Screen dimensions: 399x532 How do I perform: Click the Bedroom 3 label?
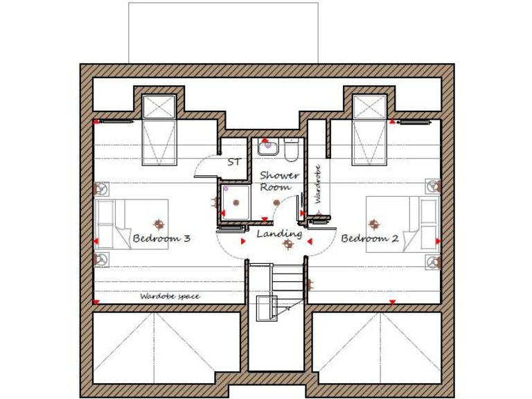[161, 238]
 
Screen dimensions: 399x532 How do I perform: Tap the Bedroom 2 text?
[370, 238]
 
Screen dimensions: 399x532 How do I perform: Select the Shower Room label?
[279, 181]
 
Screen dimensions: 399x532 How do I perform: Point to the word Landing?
[279, 234]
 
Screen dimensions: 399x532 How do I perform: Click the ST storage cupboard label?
[235, 162]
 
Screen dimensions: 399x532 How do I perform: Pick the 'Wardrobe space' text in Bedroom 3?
[170, 296]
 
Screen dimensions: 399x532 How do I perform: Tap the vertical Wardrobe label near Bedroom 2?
[317, 184]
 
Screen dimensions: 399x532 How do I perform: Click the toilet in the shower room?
[290, 147]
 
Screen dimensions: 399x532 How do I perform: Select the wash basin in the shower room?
[267, 147]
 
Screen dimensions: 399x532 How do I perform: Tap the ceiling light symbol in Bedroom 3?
[159, 224]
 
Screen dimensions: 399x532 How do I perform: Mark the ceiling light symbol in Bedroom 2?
[374, 224]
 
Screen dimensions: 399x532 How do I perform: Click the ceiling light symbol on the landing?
[278, 243]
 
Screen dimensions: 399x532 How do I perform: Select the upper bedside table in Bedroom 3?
[102, 188]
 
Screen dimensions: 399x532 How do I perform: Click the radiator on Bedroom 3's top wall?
[116, 122]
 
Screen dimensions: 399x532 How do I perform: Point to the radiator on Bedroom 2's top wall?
[414, 122]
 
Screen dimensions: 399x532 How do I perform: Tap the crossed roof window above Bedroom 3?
[158, 107]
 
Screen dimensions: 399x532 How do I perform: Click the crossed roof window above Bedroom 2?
[369, 107]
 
